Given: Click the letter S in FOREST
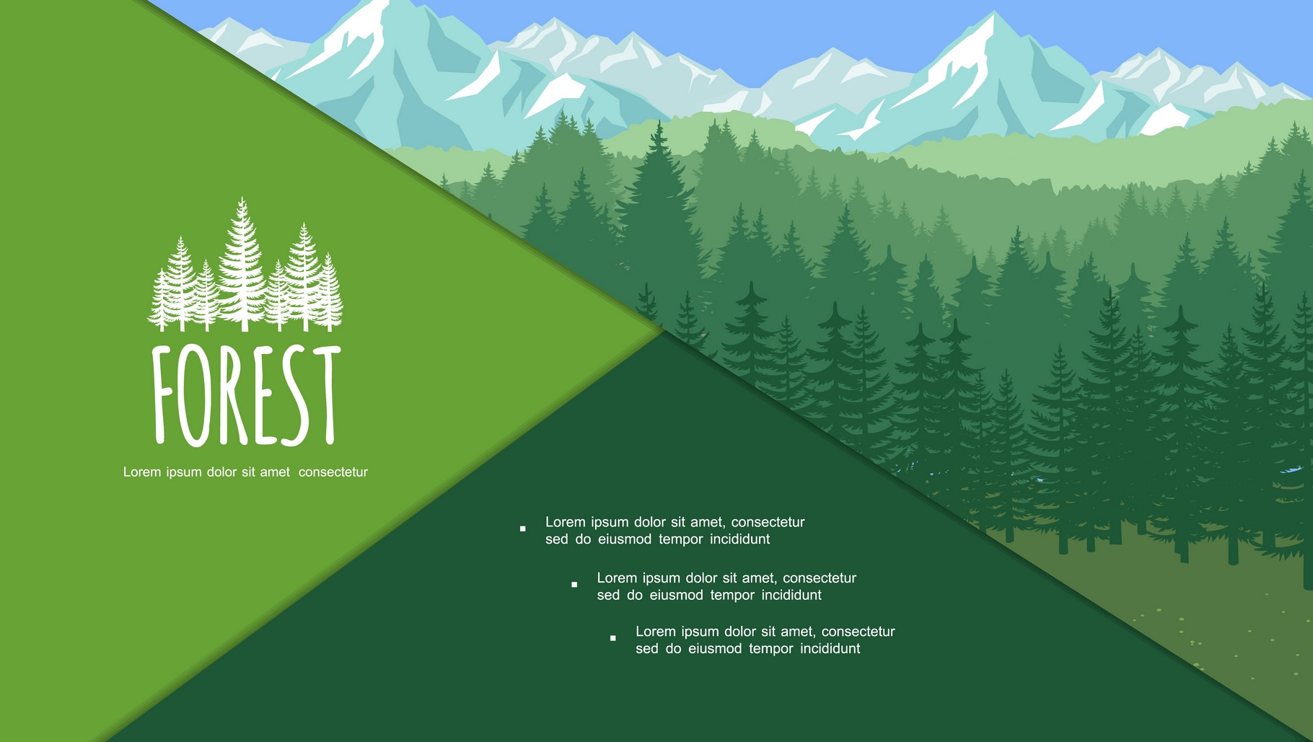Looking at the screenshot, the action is coord(296,397).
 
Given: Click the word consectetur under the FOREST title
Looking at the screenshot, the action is coord(333,472).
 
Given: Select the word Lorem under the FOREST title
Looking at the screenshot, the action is coord(142,472).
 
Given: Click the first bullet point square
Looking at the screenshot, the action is coord(523,529).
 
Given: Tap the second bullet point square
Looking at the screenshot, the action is coord(574,585).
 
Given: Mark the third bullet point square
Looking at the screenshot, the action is coord(613,638).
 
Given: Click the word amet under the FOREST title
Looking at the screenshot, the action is coord(275,472).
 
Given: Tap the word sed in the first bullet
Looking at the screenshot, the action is coord(557,539).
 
